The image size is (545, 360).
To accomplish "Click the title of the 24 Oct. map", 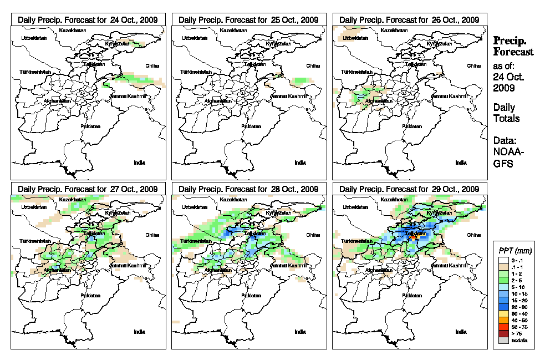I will [x=88, y=19].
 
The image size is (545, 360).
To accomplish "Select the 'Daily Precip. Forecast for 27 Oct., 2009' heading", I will [x=88, y=189].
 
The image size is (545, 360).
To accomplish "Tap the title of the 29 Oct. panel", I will [x=409, y=189].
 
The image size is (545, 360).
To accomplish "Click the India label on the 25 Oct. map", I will [x=300, y=163].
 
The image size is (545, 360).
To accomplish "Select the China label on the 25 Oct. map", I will [x=312, y=65].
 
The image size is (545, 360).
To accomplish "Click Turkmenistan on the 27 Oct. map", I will [x=35, y=242].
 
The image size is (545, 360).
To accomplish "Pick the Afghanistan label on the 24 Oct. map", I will [x=57, y=101].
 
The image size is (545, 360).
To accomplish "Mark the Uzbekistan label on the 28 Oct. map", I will [x=192, y=207].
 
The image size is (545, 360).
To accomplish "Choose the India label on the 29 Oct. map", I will [x=461, y=332].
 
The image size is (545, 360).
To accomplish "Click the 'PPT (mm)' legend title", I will [x=513, y=251].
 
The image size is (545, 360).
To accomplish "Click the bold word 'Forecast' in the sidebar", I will [x=513, y=52].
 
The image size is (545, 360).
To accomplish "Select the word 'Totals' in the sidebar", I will [x=506, y=118].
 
